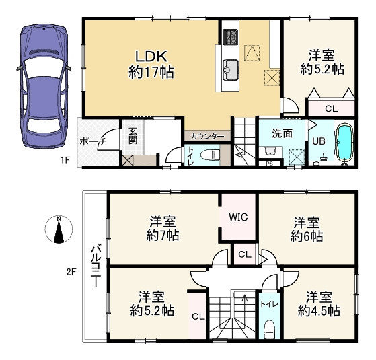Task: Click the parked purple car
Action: tap(44, 86)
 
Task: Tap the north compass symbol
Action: tap(59, 229)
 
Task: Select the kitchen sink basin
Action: tap(231, 70)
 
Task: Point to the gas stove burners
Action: tap(231, 37)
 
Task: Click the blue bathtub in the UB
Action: tap(345, 143)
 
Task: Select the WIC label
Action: tap(238, 217)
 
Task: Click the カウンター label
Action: tap(207, 137)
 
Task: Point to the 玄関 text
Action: tap(133, 136)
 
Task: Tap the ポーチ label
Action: tap(93, 141)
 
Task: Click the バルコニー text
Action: tap(96, 266)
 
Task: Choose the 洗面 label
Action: tap(282, 133)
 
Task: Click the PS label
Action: tap(270, 164)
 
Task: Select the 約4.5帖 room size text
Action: tap(319, 312)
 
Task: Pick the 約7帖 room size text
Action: tap(163, 236)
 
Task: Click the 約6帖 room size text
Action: tap(307, 236)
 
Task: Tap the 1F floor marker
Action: tap(65, 159)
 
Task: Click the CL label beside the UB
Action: tap(332, 108)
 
